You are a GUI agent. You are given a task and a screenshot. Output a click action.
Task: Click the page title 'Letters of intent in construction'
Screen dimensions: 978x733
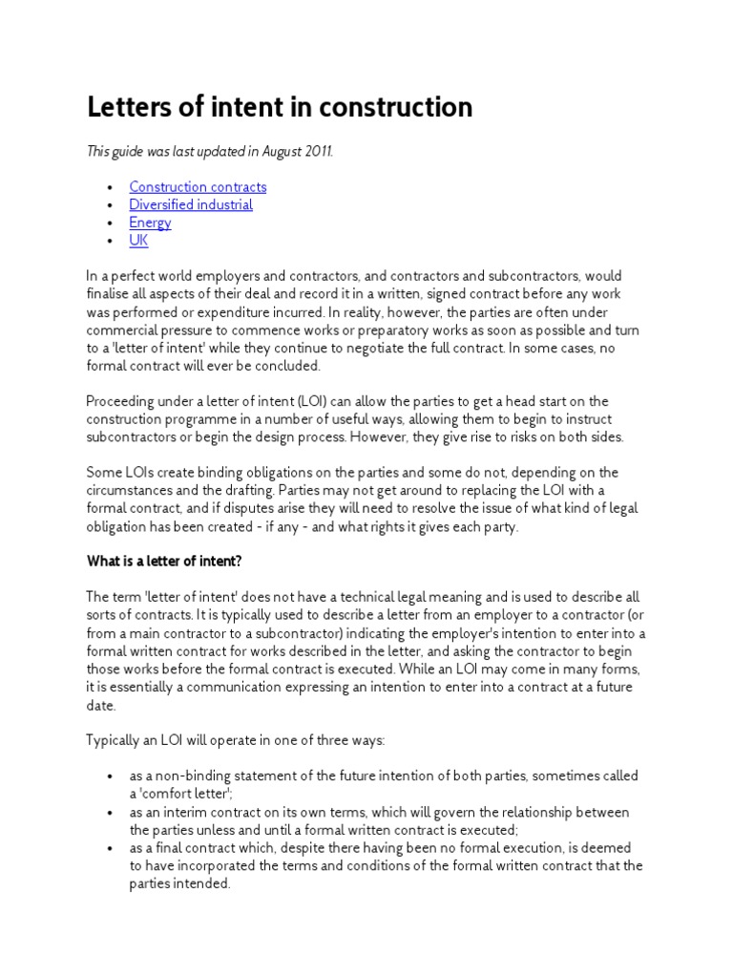pos(280,108)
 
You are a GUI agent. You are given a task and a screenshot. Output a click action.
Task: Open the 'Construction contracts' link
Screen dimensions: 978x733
pos(198,187)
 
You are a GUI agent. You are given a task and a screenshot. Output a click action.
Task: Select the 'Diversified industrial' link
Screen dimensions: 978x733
pos(191,205)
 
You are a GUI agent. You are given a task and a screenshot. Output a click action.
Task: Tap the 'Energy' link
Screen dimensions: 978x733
pos(150,223)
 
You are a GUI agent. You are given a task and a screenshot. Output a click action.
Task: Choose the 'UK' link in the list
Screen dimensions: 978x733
pos(138,241)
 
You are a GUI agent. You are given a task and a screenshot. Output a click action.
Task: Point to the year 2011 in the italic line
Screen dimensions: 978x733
pos(318,152)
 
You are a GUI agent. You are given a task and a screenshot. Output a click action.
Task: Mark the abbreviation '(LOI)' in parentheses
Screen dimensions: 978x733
pos(304,401)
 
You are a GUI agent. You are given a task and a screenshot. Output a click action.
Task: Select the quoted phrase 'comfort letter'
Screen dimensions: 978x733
pos(185,795)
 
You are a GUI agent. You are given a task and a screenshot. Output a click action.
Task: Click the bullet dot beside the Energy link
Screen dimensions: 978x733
pos(112,223)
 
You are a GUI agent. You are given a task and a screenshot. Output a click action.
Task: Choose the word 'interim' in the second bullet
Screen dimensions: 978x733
pos(176,813)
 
